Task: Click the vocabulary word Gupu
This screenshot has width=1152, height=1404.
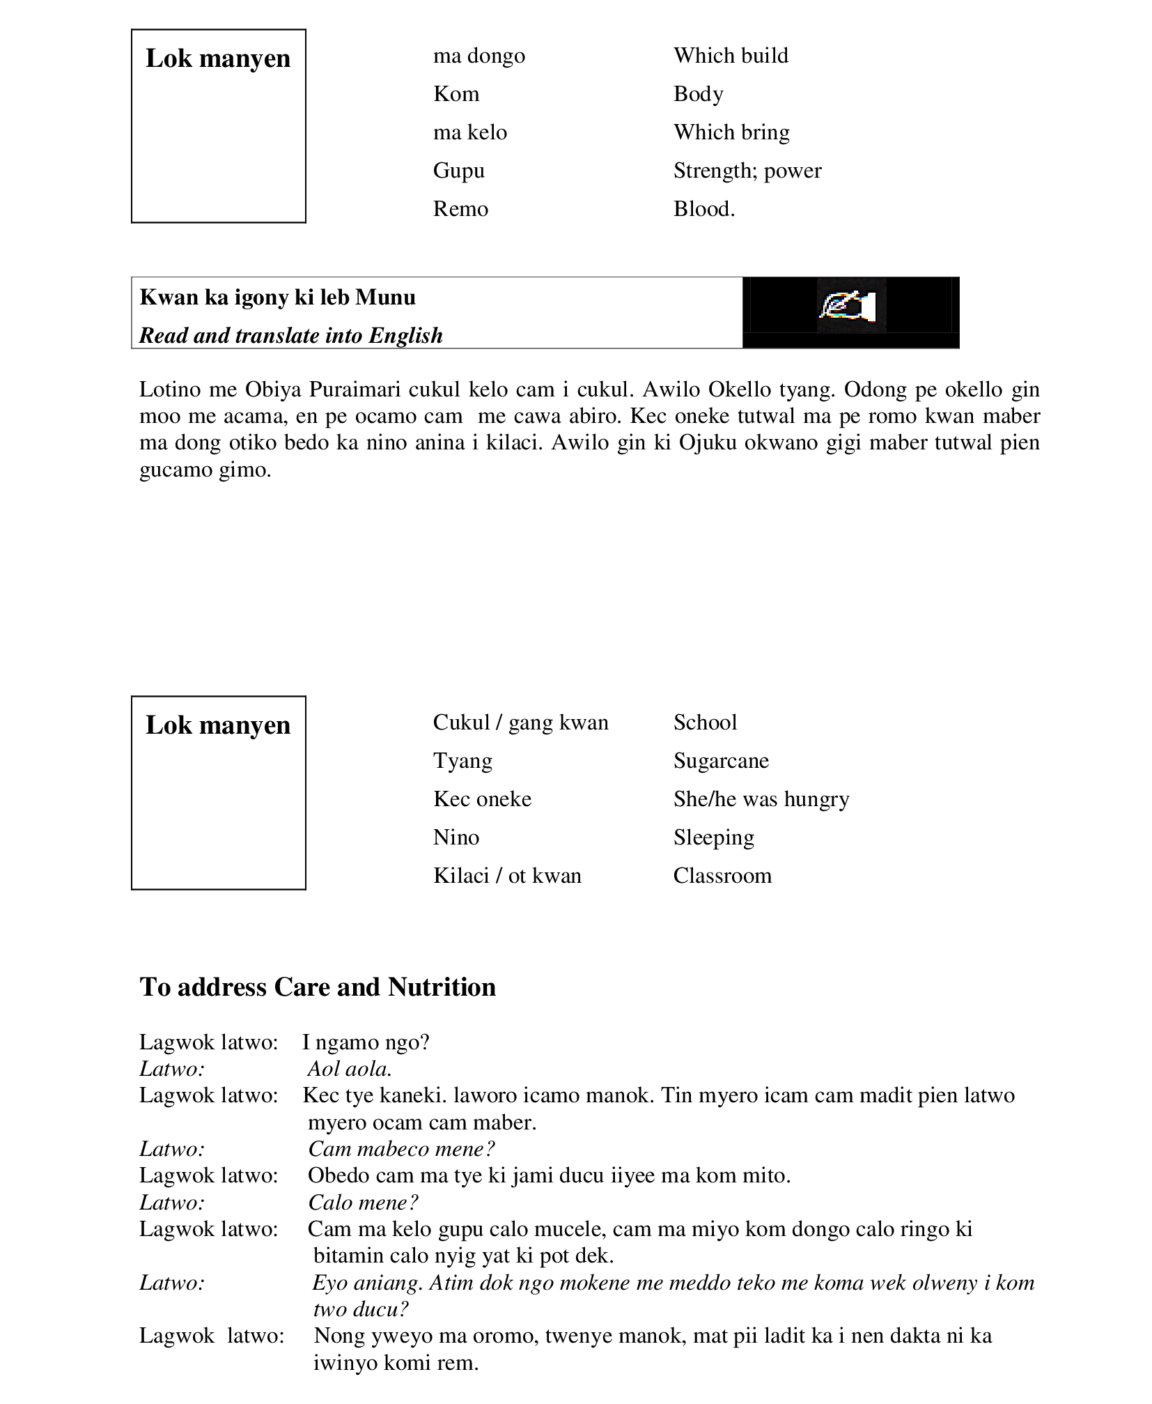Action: coord(458,171)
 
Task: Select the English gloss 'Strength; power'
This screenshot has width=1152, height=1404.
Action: coord(747,171)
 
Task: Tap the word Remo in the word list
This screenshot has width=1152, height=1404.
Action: coord(460,209)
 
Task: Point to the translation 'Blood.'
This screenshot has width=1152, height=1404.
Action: coord(703,209)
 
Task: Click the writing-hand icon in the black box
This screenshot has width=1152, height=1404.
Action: coord(850,306)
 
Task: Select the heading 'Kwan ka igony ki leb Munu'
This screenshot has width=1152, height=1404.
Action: coord(277,298)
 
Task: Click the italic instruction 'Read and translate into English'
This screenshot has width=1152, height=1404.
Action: coord(290,336)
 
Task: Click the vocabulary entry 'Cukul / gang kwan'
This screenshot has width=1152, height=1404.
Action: coord(520,723)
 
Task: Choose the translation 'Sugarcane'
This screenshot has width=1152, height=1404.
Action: coord(720,761)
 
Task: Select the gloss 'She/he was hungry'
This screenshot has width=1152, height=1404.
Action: coord(761,799)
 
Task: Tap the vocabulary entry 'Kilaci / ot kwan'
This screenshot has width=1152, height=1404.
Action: coord(507,876)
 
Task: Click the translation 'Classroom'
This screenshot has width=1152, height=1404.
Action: coord(722,876)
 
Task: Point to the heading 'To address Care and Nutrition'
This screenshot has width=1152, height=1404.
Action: coord(318,987)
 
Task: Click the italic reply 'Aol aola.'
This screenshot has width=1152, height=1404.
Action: coord(350,1070)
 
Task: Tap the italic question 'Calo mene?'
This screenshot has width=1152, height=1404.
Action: coord(363,1203)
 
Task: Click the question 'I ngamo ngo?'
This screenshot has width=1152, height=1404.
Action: coord(366,1043)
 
